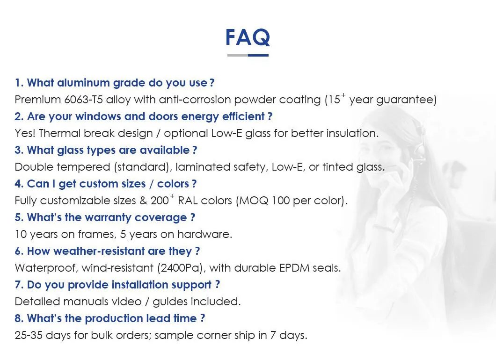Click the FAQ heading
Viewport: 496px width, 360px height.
(x=248, y=37)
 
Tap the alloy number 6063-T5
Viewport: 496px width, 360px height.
(x=83, y=100)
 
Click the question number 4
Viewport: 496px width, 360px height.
(x=19, y=184)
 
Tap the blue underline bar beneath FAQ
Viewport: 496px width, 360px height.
(x=258, y=55)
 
